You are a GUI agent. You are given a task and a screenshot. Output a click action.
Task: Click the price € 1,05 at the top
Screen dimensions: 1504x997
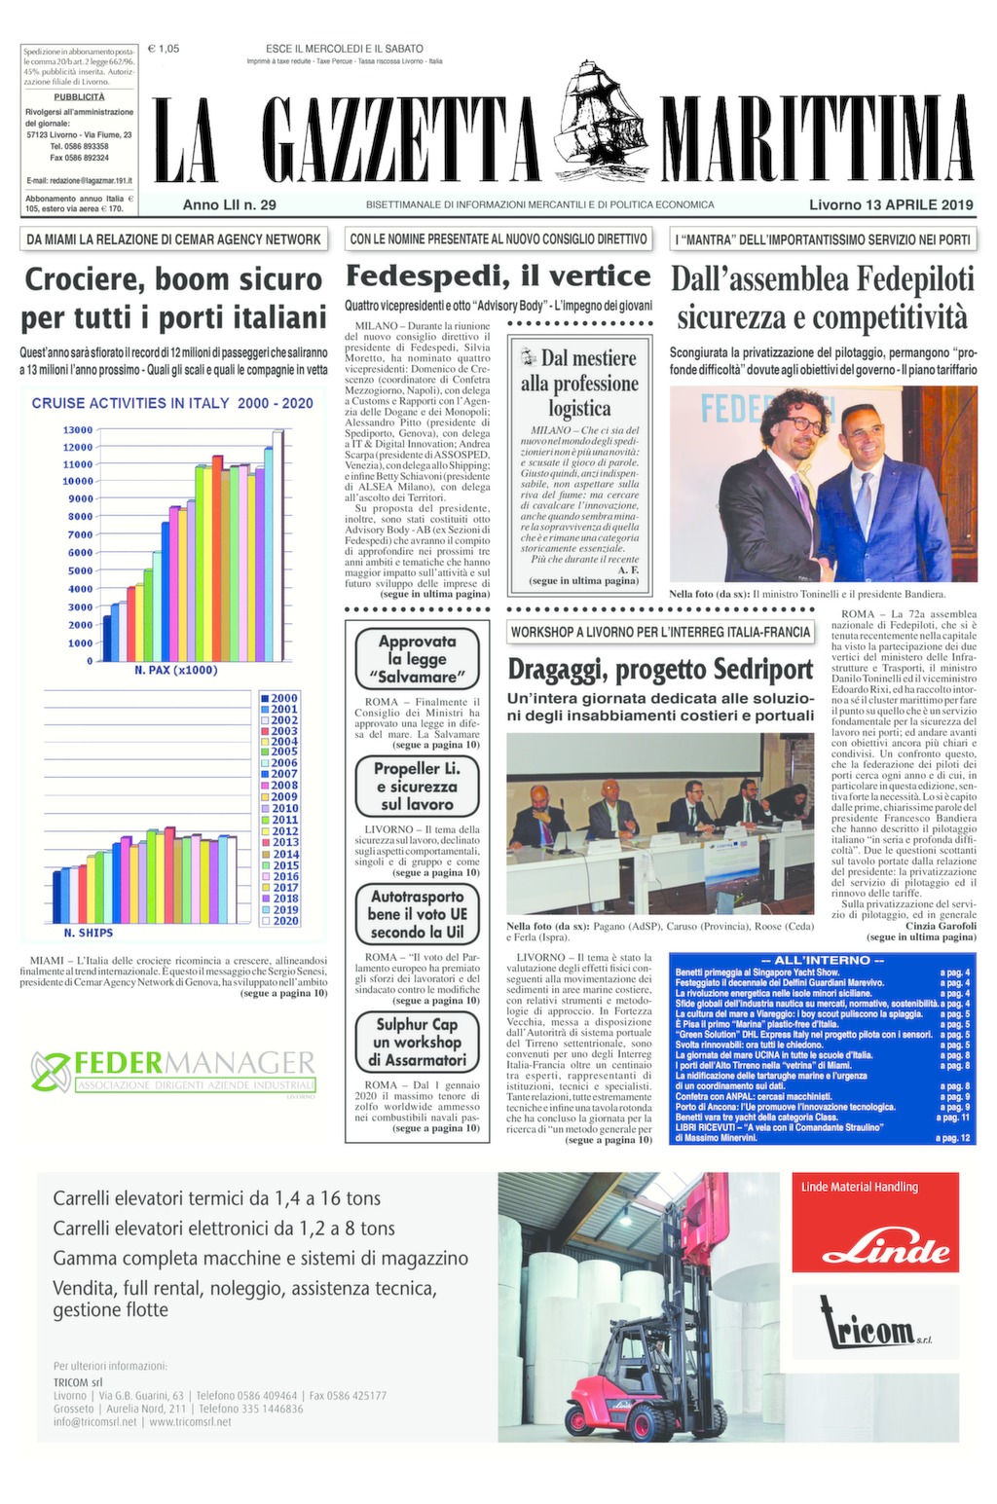pos(163,48)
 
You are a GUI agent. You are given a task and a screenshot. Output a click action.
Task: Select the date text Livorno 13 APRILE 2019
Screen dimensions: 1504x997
pos(891,204)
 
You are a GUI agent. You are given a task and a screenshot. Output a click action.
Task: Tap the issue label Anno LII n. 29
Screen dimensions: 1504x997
pos(230,204)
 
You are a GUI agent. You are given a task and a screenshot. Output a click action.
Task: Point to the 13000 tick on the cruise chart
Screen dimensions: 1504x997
pos(78,430)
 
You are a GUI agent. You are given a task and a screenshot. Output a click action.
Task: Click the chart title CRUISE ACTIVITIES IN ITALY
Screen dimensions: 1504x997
pos(172,403)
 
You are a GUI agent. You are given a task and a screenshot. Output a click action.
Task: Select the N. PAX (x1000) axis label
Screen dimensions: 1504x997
pos(176,670)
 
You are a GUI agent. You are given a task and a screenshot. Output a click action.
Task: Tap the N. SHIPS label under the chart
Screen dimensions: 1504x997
pos(89,933)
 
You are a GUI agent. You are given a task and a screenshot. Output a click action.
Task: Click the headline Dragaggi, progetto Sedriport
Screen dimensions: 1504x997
pos(660,670)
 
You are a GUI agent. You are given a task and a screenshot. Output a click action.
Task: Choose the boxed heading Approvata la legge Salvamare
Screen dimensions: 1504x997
pos(417,659)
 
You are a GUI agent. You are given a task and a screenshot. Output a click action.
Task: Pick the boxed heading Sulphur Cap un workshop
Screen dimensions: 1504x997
pos(417,1042)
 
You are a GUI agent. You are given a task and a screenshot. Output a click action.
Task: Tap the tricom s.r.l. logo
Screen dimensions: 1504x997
pos(874,1327)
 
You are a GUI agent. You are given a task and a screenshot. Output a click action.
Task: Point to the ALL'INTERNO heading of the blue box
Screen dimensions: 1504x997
pos(823,961)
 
